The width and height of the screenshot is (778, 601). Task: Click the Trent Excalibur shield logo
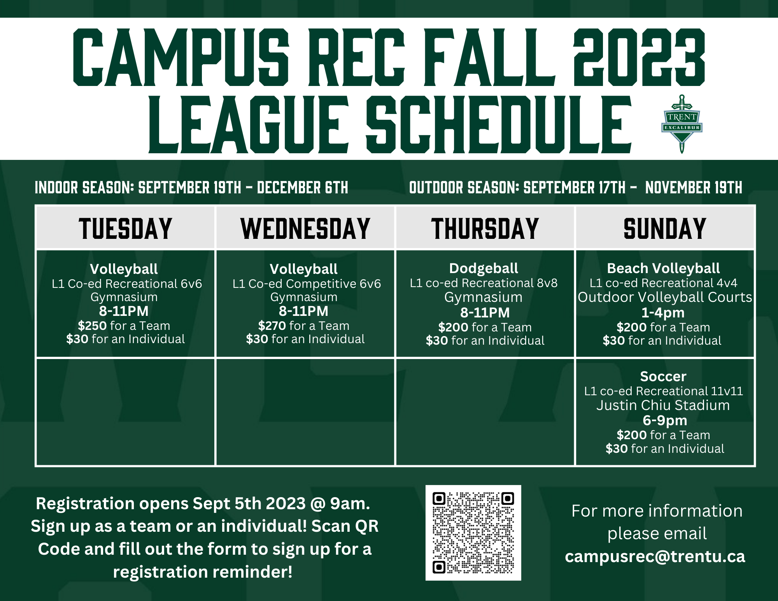682,124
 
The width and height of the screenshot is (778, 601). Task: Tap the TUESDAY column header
125,228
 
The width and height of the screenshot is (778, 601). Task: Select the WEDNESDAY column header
305,228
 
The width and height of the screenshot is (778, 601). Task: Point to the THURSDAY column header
485,228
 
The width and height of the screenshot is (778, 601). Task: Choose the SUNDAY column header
665,228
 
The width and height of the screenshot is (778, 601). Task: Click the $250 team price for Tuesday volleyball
92,326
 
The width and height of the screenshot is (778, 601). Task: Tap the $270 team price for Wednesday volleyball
272,326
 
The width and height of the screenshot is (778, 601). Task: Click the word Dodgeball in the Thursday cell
484,268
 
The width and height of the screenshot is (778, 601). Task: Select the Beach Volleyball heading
663,268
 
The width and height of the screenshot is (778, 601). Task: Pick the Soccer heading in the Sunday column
663,376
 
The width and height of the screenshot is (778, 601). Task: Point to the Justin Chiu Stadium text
663,405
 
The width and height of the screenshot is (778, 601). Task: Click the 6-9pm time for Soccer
665,421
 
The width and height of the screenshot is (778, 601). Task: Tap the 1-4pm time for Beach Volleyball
663,313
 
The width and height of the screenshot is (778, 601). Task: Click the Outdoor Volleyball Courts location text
665,297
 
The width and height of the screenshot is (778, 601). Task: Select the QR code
473,533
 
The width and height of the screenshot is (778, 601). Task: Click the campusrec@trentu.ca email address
655,557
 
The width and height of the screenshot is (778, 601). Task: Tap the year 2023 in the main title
639,57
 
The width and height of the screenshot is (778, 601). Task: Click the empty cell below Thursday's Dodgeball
485,412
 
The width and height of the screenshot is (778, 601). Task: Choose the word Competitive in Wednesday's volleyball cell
319,284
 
